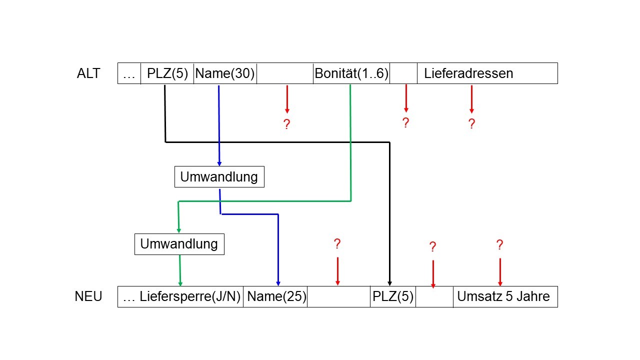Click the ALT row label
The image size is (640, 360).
[x=88, y=73]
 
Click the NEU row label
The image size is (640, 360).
[x=88, y=296]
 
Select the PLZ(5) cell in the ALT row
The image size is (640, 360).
[x=167, y=73]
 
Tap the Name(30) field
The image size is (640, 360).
[x=225, y=73]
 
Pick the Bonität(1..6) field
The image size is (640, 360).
[x=351, y=73]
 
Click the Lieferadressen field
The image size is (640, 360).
[x=468, y=73]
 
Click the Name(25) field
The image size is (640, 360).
[x=276, y=296]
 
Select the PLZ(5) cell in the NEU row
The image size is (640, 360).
[x=393, y=296]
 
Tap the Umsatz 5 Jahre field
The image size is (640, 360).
[x=503, y=296]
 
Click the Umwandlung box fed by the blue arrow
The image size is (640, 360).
[x=219, y=177]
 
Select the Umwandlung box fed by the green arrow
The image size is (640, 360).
[x=179, y=244]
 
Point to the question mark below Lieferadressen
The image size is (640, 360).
[x=471, y=124]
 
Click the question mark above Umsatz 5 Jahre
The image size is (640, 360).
[x=499, y=245]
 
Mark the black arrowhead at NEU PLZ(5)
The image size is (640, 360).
[x=389, y=283]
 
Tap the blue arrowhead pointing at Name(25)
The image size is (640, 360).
[x=278, y=283]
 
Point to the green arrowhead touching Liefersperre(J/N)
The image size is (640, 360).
[x=180, y=283]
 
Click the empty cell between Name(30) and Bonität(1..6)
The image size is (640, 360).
[x=285, y=73]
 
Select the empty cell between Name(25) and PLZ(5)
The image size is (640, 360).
[x=338, y=296]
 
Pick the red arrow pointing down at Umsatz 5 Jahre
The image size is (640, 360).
[x=500, y=272]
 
